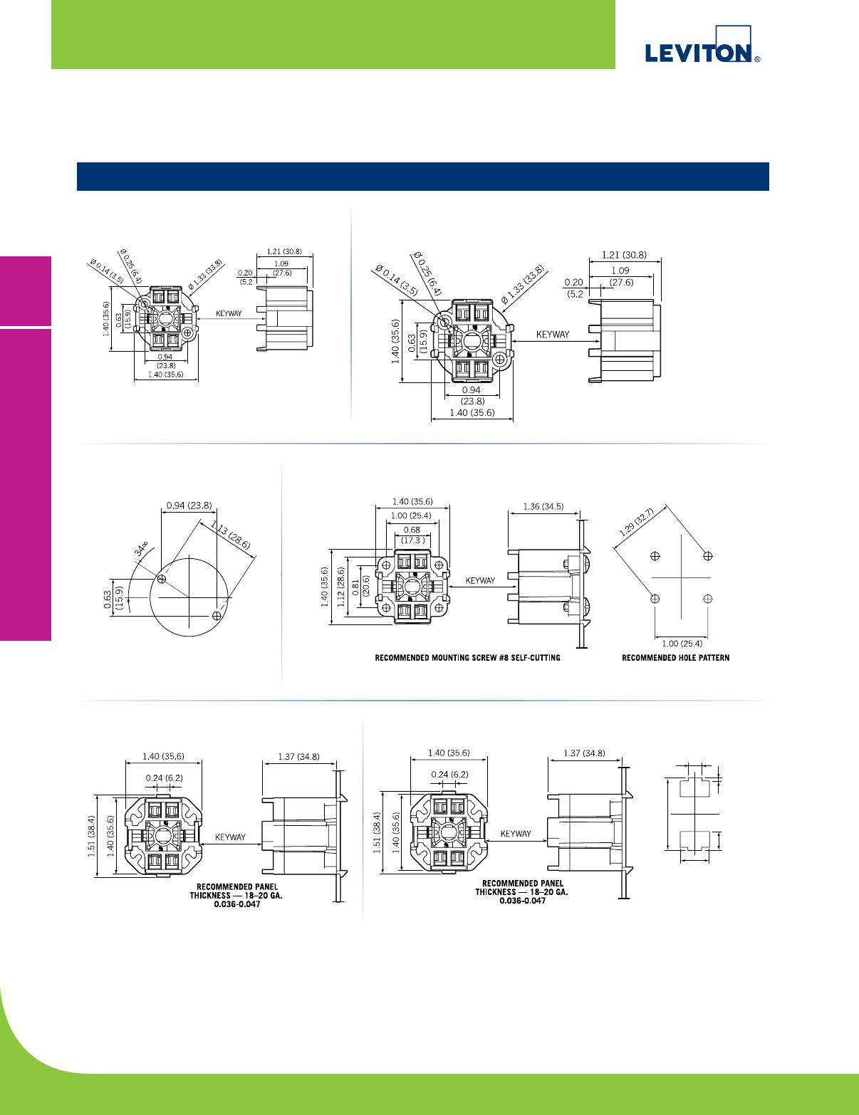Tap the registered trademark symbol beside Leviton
pyautogui.click(x=757, y=60)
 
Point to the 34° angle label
pyautogui.click(x=141, y=548)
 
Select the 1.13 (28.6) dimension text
pyautogui.click(x=230, y=535)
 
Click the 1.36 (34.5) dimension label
pyautogui.click(x=543, y=506)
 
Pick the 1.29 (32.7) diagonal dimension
pyautogui.click(x=636, y=523)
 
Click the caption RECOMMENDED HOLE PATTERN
pyautogui.click(x=675, y=658)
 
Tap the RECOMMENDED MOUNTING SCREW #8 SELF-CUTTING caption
pyautogui.click(x=467, y=658)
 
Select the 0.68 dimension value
pyautogui.click(x=412, y=530)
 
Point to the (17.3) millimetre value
pyautogui.click(x=412, y=540)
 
